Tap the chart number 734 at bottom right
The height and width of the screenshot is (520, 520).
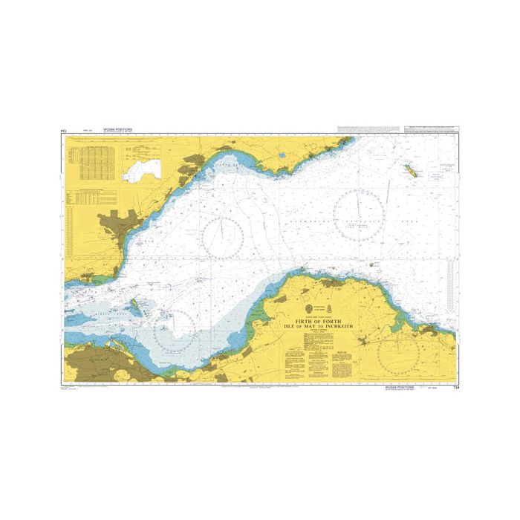click(453, 386)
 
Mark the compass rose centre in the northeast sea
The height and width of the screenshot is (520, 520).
click(359, 216)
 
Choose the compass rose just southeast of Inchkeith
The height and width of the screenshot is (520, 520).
click(175, 331)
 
